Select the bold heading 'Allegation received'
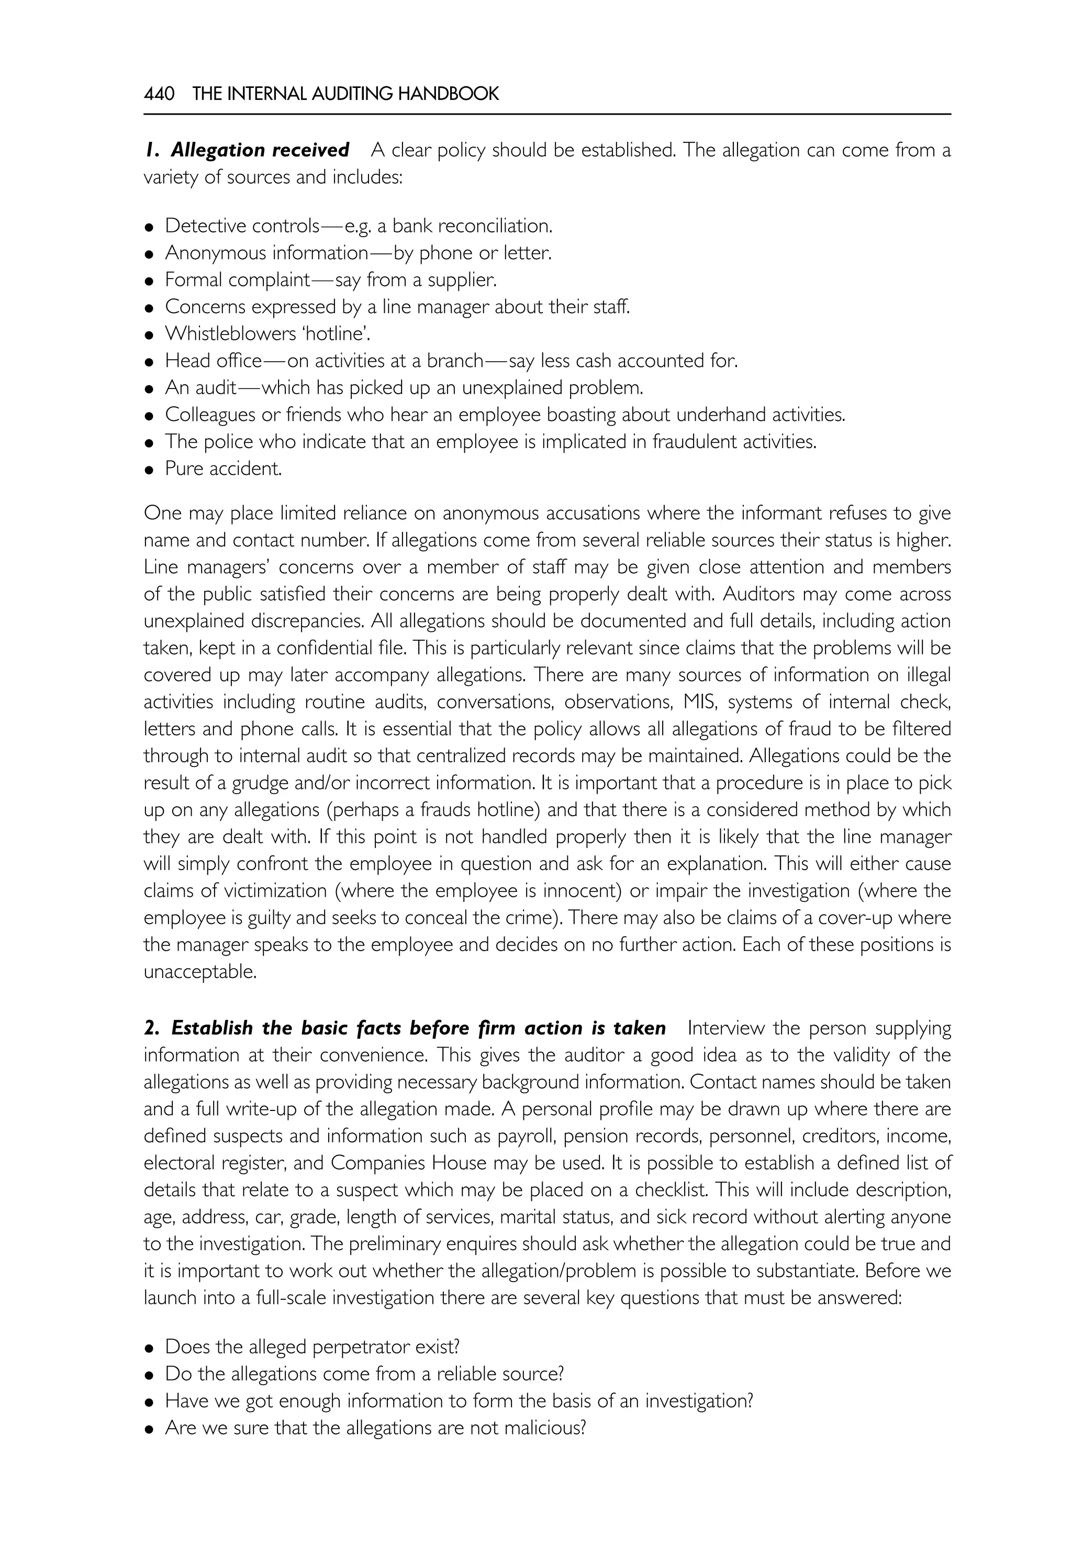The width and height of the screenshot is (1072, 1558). [x=259, y=150]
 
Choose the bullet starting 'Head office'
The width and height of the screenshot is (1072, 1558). [x=451, y=361]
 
